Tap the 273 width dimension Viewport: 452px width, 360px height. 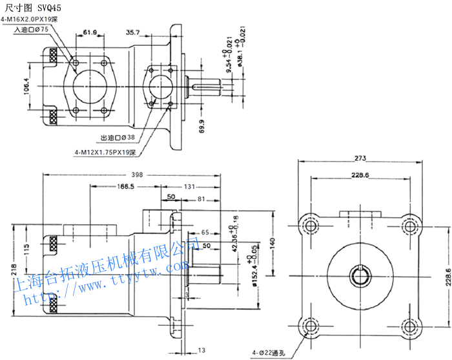(x=360, y=158)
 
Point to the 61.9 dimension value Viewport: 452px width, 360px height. (x=90, y=32)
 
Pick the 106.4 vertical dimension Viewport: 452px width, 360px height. (x=28, y=85)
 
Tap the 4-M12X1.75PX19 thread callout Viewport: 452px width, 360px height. (x=105, y=153)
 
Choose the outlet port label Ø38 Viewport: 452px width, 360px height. (x=118, y=138)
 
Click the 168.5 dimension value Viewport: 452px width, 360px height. (x=125, y=187)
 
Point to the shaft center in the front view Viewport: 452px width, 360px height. (x=360, y=277)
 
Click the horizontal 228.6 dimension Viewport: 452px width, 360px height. (x=360, y=175)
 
